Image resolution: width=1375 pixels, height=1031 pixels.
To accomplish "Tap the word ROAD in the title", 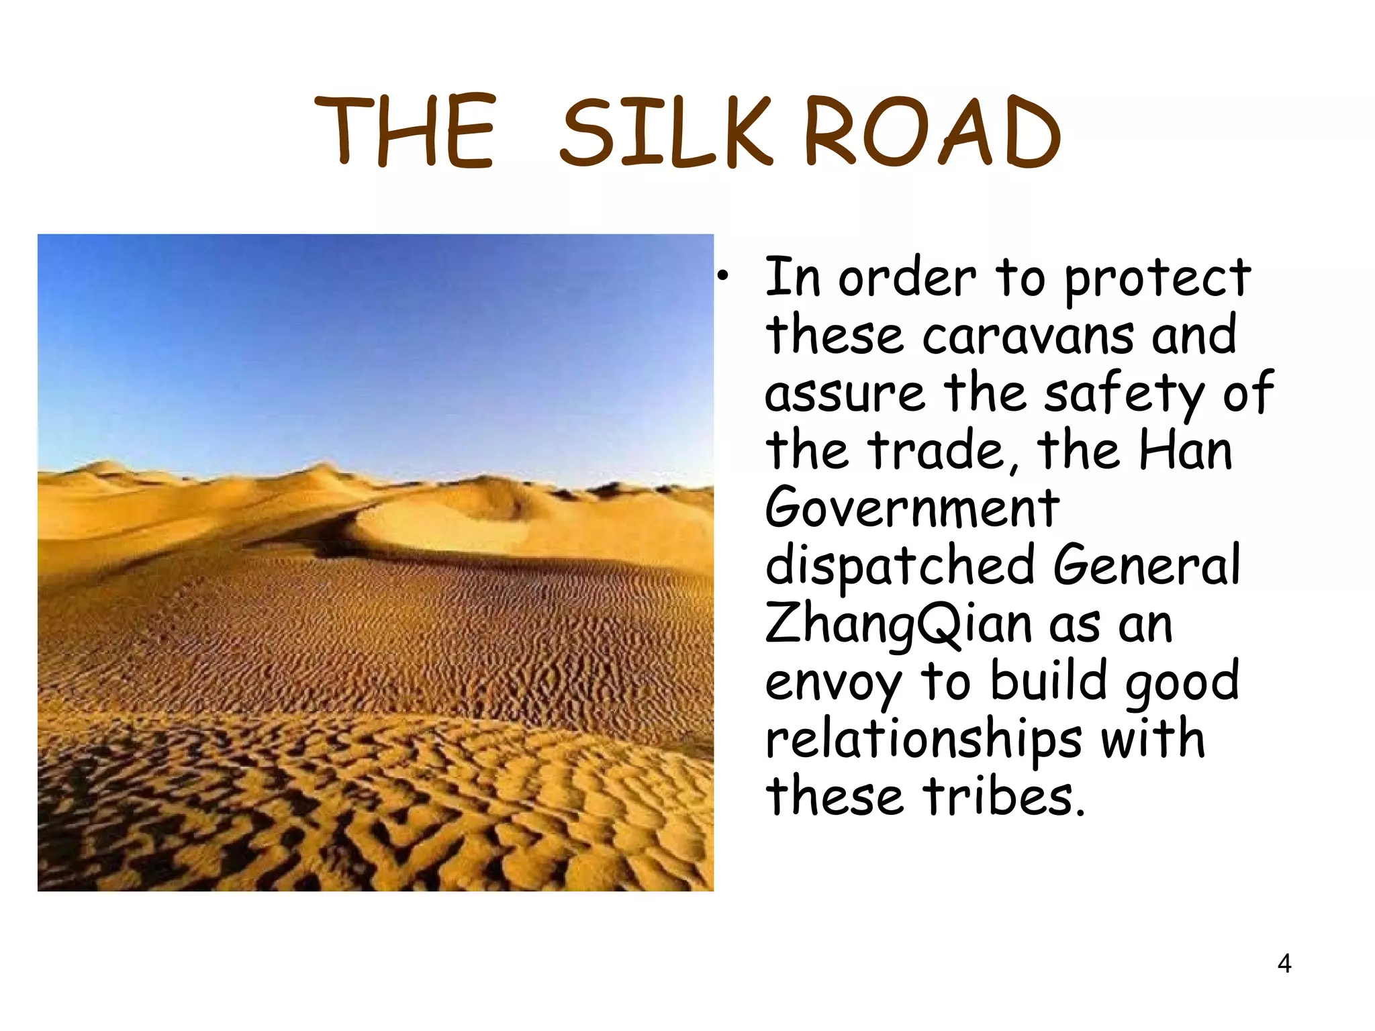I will click(x=932, y=132).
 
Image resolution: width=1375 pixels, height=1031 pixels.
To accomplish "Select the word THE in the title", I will click(x=406, y=132).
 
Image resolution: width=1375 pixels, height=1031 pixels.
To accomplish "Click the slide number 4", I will click(x=1284, y=964).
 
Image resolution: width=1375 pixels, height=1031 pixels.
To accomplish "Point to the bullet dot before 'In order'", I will click(x=722, y=276).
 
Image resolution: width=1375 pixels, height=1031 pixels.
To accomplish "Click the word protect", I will click(x=1157, y=279).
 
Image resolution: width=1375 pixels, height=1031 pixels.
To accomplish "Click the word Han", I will click(x=1186, y=450).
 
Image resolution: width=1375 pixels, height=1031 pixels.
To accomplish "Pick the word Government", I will click(x=912, y=508).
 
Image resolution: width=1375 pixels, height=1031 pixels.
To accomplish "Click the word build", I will click(x=1049, y=681).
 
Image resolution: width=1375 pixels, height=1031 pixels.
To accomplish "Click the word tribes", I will click(x=1003, y=797).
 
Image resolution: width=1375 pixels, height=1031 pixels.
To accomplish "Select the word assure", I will click(x=845, y=394).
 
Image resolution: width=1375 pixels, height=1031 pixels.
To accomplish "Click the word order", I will click(x=907, y=279).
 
